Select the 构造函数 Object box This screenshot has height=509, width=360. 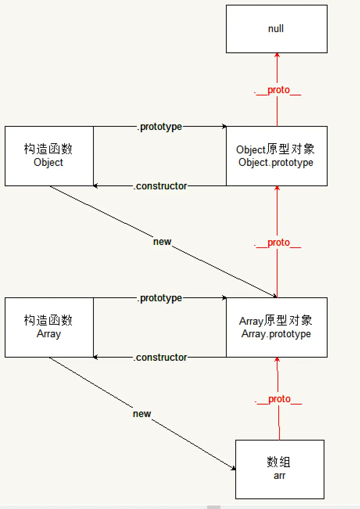49,156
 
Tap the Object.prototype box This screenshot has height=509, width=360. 276,156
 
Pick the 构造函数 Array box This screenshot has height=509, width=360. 49,327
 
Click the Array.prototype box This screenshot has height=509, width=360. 276,327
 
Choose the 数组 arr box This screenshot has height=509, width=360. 279,469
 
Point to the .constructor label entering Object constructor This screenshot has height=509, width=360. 160,186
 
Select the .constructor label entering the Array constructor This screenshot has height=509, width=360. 160,358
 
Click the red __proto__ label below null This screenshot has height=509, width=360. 278,90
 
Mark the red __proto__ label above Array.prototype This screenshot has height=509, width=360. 278,243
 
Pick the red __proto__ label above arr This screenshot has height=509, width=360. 279,399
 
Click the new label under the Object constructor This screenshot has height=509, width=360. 162,242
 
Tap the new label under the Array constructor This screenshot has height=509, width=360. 142,414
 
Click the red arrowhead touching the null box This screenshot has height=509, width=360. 277,56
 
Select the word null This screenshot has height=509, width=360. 276,29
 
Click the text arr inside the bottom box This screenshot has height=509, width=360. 279,476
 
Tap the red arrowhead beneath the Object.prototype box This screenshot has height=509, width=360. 277,189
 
